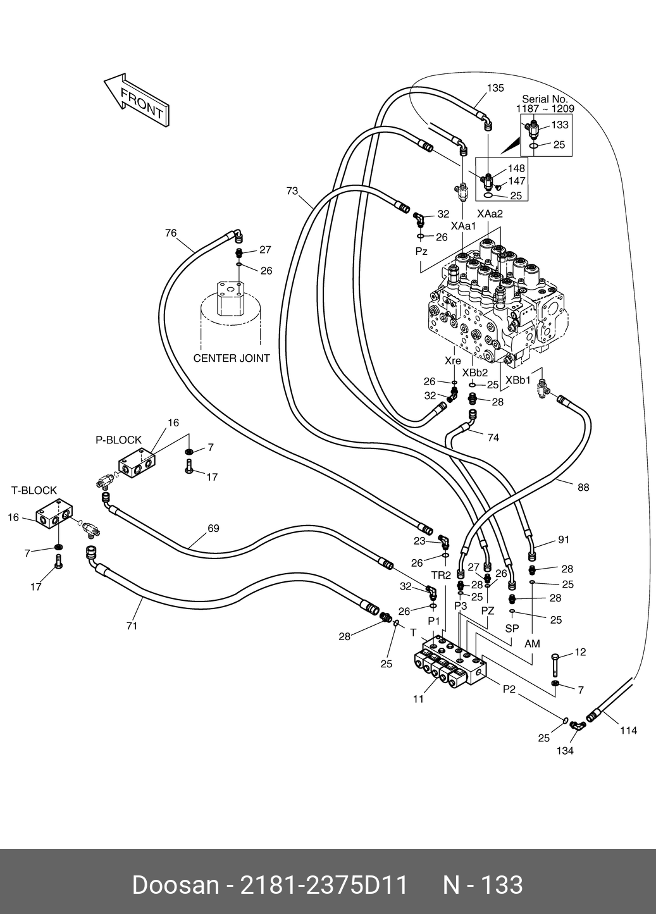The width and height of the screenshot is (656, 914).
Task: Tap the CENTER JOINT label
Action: point(232,358)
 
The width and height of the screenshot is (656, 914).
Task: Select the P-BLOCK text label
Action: point(119,440)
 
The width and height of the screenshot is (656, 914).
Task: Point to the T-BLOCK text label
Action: point(34,490)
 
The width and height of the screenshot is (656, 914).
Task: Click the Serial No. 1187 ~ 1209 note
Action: point(545,104)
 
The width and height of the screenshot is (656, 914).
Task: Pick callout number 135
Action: point(495,88)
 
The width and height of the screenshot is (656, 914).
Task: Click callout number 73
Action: point(292,190)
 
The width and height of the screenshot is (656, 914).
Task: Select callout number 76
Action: point(171,233)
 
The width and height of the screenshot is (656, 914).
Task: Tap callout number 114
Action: point(628,730)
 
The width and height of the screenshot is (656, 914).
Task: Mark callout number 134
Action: point(565,750)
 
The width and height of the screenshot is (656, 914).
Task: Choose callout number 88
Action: point(583,486)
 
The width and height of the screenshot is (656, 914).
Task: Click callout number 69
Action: point(214,528)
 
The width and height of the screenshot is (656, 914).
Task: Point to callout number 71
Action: point(132,626)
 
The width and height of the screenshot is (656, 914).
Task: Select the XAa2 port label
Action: point(490,214)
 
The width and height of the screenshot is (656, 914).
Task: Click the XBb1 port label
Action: point(517,380)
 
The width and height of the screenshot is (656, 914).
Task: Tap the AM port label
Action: point(533,643)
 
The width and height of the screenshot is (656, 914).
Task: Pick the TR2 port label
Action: point(441,575)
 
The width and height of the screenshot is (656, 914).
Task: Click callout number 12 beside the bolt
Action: point(580,652)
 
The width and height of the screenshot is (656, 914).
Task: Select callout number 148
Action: point(516,169)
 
